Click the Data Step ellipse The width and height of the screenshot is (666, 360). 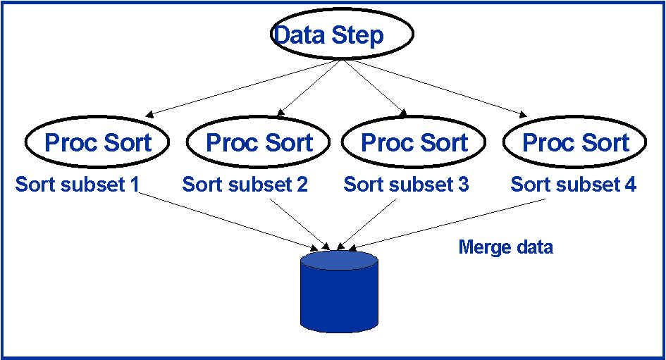coord(342,35)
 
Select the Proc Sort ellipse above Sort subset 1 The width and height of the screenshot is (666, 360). coord(98,142)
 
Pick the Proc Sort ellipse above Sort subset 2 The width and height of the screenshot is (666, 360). coord(259,142)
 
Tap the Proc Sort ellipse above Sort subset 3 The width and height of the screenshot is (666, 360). coord(414,142)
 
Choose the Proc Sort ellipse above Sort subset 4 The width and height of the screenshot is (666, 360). coord(575,142)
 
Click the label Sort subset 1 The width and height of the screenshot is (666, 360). coord(77,185)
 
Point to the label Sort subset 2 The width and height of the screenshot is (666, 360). coord(245,185)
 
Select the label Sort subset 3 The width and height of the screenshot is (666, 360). coord(406,185)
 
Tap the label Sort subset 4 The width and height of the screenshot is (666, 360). coord(574,185)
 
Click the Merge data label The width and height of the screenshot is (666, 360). coord(505,247)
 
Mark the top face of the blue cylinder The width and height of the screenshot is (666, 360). coord(339,260)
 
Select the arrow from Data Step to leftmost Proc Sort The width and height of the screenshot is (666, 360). coord(243,87)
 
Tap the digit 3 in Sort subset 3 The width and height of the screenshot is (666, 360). coord(462,185)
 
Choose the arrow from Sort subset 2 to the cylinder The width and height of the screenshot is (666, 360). coord(300,223)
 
